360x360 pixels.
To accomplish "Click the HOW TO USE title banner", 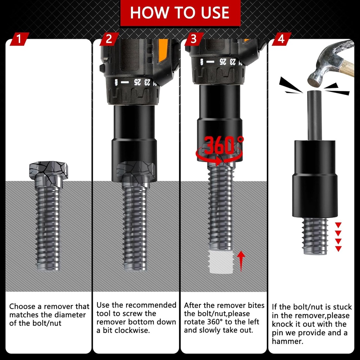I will tap(180, 13).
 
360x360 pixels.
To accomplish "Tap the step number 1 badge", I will tap(19, 39).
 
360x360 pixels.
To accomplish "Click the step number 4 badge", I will tap(281, 39).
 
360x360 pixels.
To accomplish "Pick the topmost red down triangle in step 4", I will tap(338, 225).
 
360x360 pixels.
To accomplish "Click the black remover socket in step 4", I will tap(315, 179).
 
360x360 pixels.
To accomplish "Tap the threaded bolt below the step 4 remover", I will tap(315, 236).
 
